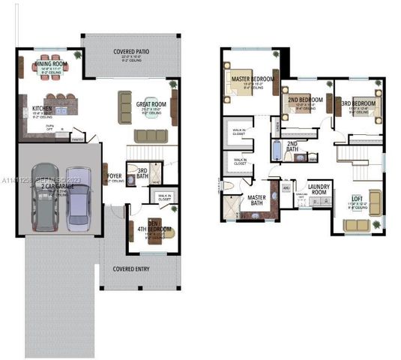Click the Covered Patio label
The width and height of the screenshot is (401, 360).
point(130,52)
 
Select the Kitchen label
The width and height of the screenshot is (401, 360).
point(42,109)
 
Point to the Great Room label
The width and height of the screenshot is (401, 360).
point(151,104)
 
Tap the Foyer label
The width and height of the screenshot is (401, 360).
point(115,176)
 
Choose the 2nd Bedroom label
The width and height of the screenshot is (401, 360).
point(306,99)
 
